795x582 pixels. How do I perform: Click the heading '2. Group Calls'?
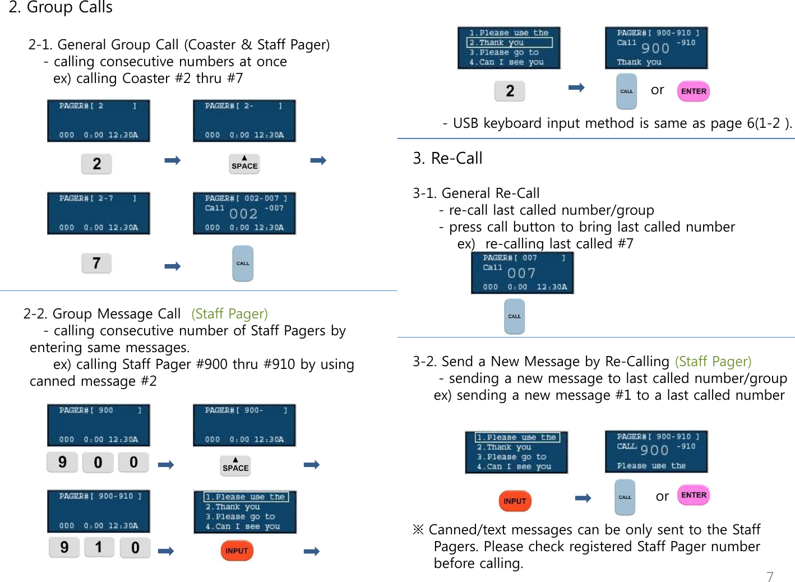pos(61,7)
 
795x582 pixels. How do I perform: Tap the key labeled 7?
pos(96,263)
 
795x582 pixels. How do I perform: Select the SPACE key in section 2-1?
pos(244,164)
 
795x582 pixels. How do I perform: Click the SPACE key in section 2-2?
pos(235,465)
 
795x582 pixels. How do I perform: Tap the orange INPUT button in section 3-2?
pos(515,501)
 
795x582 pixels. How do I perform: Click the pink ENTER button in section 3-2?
pos(694,495)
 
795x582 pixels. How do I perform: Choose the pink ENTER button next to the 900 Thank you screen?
pos(694,91)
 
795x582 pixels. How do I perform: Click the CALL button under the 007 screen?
pos(514,316)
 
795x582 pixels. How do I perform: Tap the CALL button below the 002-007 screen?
pos(243,263)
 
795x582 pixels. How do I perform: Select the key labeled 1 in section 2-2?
pos(99,547)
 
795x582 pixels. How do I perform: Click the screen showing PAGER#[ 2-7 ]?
pos(98,213)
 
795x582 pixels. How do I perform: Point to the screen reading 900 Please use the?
pos(656,451)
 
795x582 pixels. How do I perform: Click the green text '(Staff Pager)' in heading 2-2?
pos(229,313)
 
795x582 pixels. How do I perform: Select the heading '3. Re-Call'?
pos(447,159)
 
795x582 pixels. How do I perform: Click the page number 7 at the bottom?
pos(770,576)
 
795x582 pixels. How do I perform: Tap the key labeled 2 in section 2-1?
pos(96,164)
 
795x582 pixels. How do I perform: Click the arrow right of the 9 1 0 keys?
pos(166,551)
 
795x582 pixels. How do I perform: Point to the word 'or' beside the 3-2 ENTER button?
pos(662,496)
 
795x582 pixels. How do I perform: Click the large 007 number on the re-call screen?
pos(521,273)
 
